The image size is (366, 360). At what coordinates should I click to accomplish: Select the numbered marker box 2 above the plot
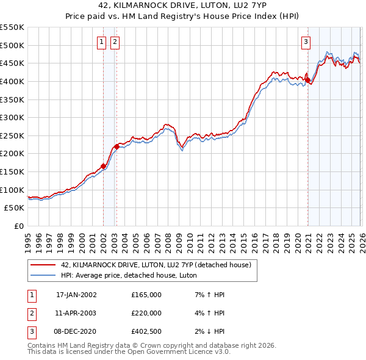coord(114,42)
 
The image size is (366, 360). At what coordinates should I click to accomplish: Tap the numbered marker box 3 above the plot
coord(305,42)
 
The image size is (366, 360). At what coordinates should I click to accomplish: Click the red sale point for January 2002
coord(103,165)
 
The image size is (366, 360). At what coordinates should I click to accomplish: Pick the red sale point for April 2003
coord(117,146)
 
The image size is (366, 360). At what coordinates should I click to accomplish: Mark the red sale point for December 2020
coord(307,80)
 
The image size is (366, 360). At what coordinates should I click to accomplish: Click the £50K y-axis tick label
coord(14,208)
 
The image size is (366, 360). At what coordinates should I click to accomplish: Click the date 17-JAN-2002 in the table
coord(76,295)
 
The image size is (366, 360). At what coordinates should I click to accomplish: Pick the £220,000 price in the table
coord(146,313)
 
